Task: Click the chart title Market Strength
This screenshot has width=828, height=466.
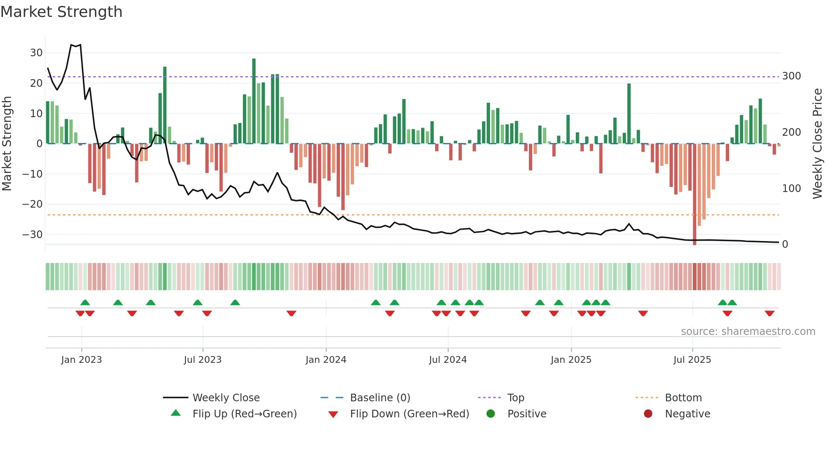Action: (61, 12)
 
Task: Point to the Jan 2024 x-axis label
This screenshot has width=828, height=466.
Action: (326, 360)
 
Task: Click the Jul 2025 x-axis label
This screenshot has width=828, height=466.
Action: (692, 360)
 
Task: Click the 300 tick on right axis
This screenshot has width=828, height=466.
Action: (791, 76)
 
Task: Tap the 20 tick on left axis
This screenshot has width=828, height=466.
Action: (36, 83)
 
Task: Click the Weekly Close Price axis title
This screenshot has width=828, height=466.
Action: (817, 143)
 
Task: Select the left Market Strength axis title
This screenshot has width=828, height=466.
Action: (7, 143)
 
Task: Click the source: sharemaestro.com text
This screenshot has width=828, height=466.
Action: (748, 332)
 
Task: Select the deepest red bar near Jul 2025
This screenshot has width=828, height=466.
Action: (695, 195)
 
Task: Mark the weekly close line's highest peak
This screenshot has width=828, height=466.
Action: (71, 44)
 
